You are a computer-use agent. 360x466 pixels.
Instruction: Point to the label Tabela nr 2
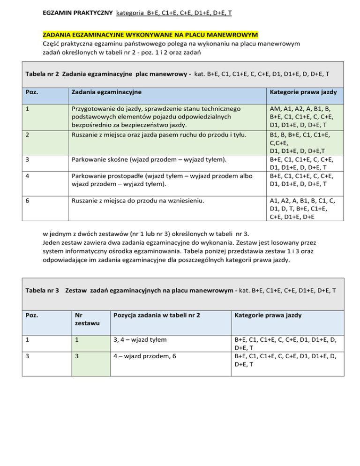click(42, 74)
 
